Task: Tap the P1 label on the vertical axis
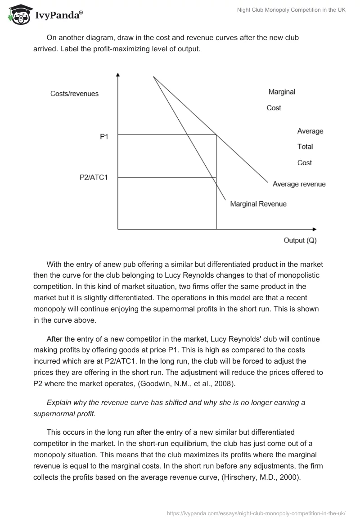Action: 104,137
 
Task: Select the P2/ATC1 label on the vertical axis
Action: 94,177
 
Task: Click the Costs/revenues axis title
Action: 74,94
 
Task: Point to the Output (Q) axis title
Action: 300,240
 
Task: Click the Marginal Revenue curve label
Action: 258,204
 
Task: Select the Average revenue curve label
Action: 299,184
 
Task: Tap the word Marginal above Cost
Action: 282,92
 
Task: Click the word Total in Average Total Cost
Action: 305,147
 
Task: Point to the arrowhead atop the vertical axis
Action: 117,74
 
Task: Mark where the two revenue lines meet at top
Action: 153,77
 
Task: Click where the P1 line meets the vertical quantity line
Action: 216,135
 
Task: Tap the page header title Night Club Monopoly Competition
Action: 291,10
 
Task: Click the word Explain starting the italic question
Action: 59,403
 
